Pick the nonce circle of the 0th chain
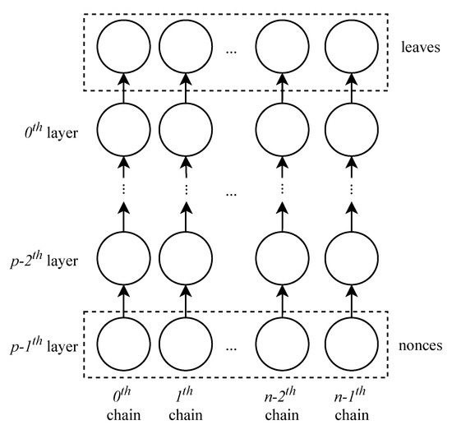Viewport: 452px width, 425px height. (x=123, y=344)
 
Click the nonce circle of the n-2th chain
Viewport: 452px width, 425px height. (x=282, y=344)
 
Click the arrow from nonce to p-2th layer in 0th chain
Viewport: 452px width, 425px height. (x=123, y=303)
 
